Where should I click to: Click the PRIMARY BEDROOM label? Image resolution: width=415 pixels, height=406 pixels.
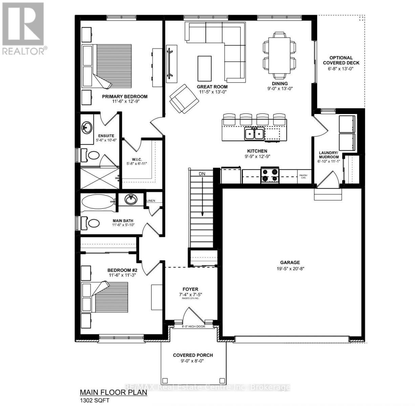[x=125, y=96]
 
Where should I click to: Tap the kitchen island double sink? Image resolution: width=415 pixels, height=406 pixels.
[x=254, y=134]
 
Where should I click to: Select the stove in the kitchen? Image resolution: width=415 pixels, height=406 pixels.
[x=270, y=175]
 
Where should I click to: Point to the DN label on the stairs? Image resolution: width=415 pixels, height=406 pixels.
[x=202, y=174]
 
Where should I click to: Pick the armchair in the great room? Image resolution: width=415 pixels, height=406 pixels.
[x=183, y=98]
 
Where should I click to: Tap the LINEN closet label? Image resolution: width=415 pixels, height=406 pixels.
[x=151, y=201]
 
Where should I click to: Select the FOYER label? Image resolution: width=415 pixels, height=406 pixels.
[x=190, y=289]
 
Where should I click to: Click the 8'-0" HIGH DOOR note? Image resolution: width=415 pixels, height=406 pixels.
[x=193, y=327]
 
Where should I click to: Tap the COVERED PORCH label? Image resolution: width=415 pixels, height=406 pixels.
[x=193, y=355]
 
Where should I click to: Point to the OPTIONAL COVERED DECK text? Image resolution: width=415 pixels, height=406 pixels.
[x=341, y=60]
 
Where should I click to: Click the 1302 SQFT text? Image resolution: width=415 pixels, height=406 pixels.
[x=94, y=400]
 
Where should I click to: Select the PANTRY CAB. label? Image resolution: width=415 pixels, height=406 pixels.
[x=303, y=176]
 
